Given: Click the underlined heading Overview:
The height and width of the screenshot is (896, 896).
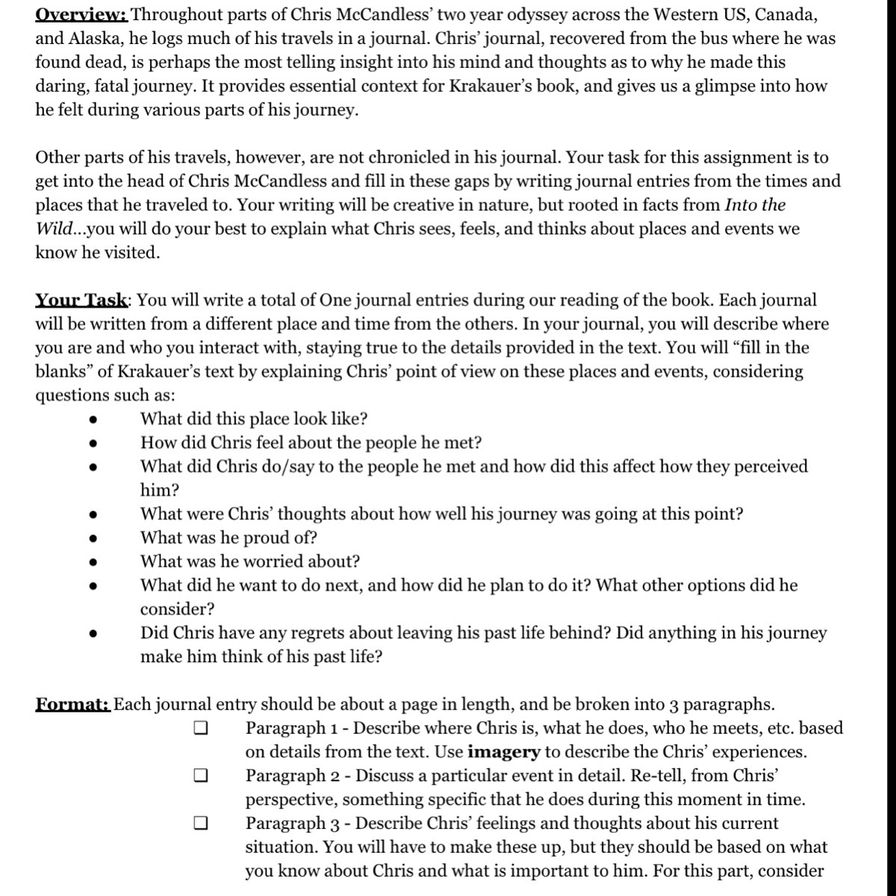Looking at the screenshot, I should (81, 14).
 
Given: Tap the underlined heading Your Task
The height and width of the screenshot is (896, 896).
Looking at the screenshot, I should (81, 300).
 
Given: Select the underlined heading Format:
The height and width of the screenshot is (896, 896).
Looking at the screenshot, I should (73, 704).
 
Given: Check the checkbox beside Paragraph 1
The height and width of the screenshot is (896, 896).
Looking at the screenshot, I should (199, 728).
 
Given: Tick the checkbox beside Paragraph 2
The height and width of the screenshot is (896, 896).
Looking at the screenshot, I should (199, 776).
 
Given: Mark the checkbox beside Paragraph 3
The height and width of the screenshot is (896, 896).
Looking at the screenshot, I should (199, 824).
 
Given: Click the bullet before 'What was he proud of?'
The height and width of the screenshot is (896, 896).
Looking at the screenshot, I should (93, 538).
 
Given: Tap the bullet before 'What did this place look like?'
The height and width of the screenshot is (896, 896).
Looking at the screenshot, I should (93, 419).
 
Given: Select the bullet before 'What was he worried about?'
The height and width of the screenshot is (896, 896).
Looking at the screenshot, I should (93, 561).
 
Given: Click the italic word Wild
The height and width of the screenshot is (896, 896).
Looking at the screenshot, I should (53, 228).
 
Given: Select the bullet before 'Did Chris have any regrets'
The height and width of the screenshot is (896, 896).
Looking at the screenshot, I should (93, 633).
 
